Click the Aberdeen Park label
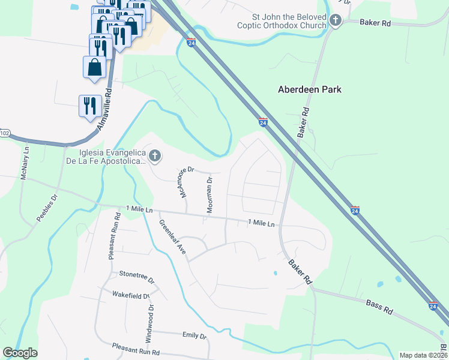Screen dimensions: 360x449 310,89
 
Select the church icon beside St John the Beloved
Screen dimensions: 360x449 335,22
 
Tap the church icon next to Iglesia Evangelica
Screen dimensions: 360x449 154,157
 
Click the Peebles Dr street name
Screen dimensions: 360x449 47,208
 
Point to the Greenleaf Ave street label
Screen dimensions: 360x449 173,237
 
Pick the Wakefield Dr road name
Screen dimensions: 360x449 130,295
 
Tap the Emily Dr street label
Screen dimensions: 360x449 194,336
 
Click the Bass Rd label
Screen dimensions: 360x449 379,308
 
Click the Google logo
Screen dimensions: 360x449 20,353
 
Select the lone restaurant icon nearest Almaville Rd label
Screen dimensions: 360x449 90,106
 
